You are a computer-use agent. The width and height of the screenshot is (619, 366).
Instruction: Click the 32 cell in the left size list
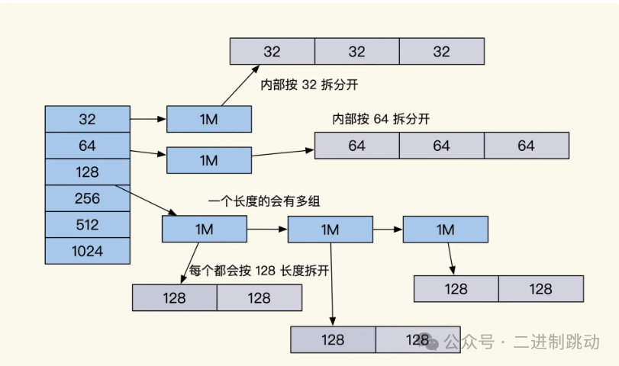click(88, 120)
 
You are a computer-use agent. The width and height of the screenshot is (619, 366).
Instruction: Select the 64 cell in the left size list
click(88, 146)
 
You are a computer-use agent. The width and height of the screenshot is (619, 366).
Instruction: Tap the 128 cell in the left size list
click(88, 172)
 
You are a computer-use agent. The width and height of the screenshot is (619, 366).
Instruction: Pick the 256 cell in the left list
click(88, 198)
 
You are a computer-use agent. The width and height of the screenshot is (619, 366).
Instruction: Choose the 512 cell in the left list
click(88, 225)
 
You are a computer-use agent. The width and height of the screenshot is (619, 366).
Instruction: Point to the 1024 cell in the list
click(88, 251)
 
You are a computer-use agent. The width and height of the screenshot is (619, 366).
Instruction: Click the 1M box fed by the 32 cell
click(209, 120)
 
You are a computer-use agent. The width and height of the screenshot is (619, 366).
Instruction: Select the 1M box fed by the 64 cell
click(209, 160)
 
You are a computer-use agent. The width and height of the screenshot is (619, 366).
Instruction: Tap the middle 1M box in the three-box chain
click(330, 229)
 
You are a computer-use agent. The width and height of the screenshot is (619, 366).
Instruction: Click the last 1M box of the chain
click(445, 229)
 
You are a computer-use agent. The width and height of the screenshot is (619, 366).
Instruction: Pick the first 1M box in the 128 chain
click(205, 229)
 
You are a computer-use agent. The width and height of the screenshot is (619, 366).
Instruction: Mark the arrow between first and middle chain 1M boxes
click(267, 229)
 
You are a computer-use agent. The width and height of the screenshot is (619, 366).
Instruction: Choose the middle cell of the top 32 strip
click(356, 52)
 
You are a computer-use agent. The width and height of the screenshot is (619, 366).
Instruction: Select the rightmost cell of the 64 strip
click(526, 146)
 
